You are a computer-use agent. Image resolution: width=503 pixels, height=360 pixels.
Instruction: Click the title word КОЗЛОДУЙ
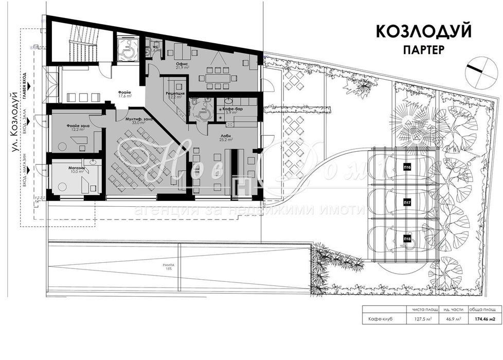pyautogui.click(x=424, y=32)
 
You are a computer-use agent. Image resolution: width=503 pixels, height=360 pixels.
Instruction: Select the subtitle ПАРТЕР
pyautogui.click(x=424, y=50)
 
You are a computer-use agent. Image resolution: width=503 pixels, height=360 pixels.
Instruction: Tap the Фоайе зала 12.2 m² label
pyautogui.click(x=75, y=127)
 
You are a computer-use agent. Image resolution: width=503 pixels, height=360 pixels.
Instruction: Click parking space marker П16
pyautogui.click(x=407, y=168)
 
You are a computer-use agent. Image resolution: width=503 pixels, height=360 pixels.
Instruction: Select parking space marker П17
pyautogui.click(x=407, y=203)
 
